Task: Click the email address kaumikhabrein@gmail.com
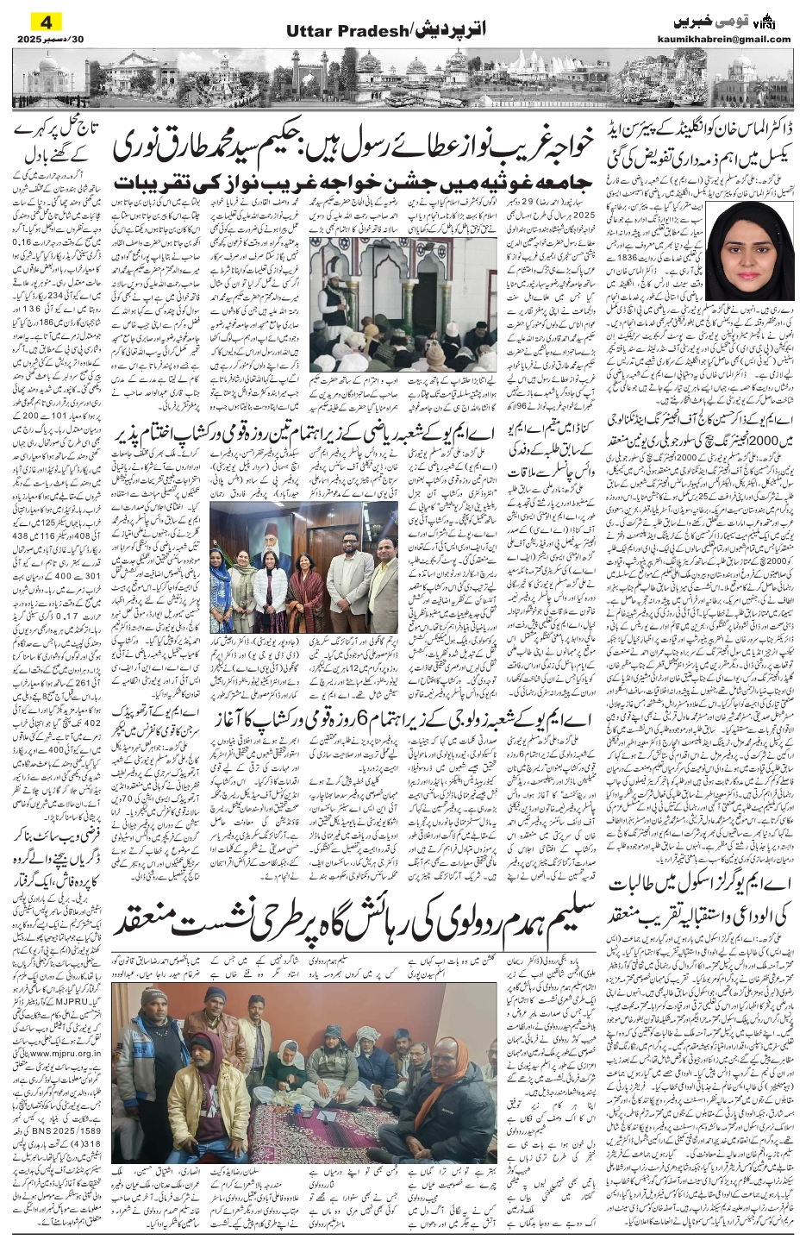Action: click(733, 40)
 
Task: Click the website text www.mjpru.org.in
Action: click(66, 1053)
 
